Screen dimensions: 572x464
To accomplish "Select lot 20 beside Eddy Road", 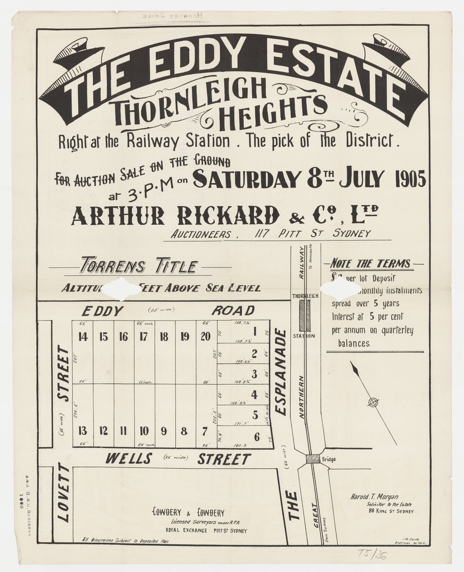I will (x=205, y=337).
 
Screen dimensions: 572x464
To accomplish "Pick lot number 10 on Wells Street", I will (x=144, y=431).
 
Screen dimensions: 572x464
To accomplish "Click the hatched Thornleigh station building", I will (x=304, y=316).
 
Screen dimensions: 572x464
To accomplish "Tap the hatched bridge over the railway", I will (x=313, y=459).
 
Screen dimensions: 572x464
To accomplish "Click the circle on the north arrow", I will (x=372, y=402).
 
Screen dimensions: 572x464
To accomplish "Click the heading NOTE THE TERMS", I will (x=370, y=264).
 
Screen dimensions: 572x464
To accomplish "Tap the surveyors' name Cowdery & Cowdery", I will (x=188, y=513).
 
